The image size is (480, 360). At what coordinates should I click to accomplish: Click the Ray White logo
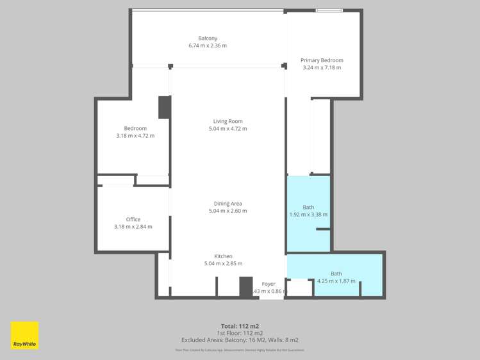point(24,335)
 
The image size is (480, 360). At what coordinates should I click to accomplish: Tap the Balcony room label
point(207,38)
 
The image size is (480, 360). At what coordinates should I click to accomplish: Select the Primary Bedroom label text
point(322,60)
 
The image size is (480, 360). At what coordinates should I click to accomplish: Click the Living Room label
point(228,121)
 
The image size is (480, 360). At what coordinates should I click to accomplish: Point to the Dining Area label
point(228,204)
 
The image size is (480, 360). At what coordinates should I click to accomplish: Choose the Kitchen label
point(223,256)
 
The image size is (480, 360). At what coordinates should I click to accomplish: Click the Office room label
point(133,219)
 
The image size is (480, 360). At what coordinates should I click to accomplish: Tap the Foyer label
point(269,284)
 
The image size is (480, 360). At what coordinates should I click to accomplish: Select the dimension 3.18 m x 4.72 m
point(135,136)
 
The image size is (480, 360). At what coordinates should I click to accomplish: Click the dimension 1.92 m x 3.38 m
point(308,215)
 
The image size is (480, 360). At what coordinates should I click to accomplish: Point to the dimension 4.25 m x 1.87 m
point(336,281)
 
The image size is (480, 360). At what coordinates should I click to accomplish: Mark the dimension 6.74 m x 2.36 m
point(207,45)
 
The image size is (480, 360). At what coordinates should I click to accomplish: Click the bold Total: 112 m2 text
point(240,326)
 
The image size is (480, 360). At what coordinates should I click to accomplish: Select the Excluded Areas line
point(240,340)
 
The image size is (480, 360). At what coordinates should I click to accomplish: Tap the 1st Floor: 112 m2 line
point(240,333)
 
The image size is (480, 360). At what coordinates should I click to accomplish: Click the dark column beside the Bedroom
point(164,107)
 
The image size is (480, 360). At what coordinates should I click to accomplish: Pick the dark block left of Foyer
point(245,286)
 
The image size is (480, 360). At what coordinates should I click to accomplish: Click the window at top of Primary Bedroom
point(329,10)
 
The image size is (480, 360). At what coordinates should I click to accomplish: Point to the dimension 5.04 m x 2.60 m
point(228,211)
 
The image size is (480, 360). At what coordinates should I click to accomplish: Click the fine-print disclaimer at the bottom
point(240,350)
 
